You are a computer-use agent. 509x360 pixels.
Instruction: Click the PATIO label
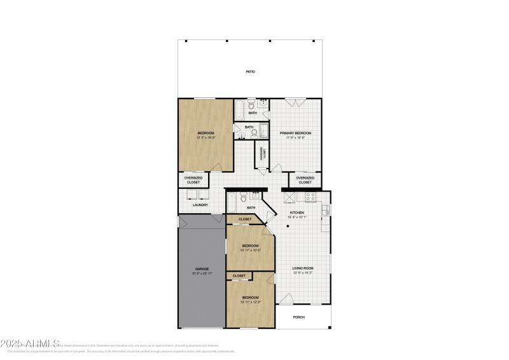[251, 72]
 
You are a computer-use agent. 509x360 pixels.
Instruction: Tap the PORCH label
[298, 317]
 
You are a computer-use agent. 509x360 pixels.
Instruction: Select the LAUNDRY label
[200, 205]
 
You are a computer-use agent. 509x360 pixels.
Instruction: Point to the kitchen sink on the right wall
[326, 210]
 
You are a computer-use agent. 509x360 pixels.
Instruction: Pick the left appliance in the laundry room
[191, 195]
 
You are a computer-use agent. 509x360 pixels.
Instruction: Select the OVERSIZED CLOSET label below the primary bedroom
[305, 180]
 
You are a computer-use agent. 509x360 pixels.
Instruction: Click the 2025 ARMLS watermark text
[30, 343]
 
